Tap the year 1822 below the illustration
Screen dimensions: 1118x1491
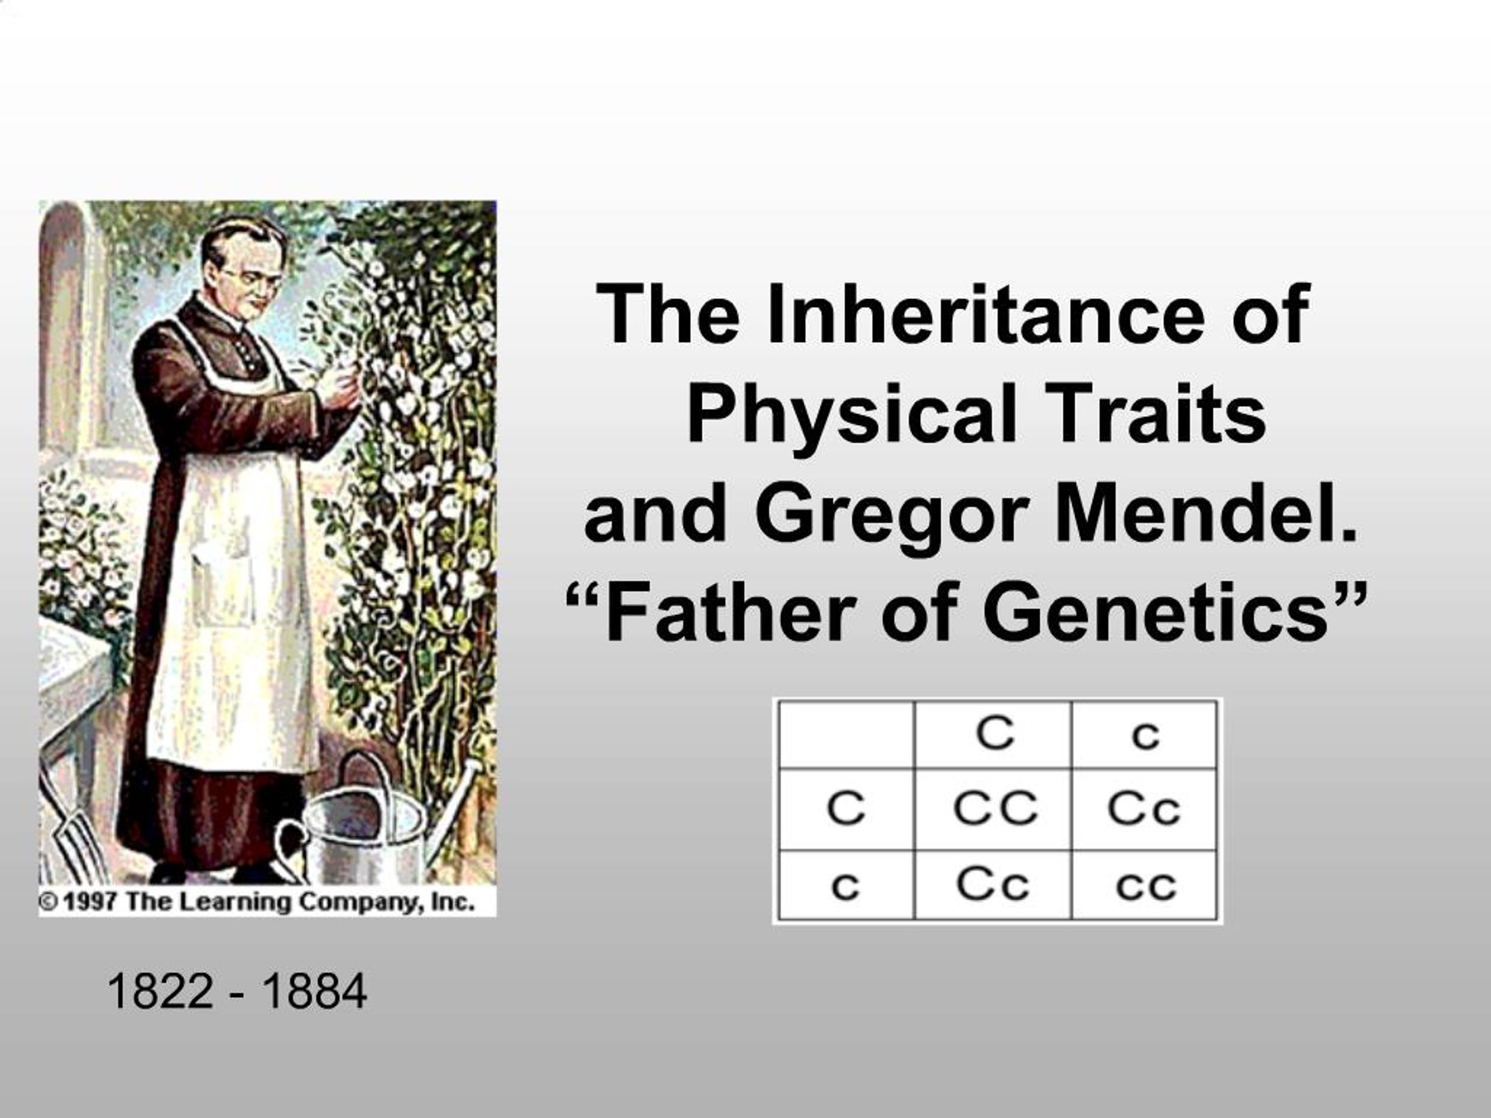tap(160, 991)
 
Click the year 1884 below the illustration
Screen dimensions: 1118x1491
tap(314, 991)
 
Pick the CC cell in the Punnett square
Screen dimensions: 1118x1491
tap(994, 808)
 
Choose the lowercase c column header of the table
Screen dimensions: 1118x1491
tap(1145, 735)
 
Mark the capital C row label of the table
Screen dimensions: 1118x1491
tap(845, 808)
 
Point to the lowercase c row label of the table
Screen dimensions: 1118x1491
tap(845, 886)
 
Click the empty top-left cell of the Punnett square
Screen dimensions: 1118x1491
tap(846, 734)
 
